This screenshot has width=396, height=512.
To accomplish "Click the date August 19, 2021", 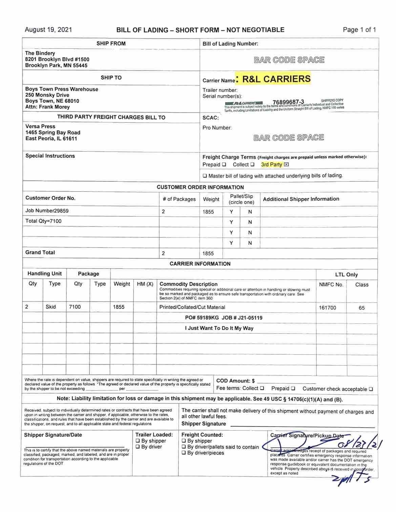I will click(48, 30).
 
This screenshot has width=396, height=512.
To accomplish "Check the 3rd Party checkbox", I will click(286, 165).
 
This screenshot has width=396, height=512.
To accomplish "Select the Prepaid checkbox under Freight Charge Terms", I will click(224, 165).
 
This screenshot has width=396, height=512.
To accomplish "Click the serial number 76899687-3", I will click(288, 102).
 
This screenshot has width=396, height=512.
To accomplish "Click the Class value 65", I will click(361, 308).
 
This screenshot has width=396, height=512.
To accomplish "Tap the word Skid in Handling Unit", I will click(51, 307).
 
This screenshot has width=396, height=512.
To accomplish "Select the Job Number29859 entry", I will click(47, 211).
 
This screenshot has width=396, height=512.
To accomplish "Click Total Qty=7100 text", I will click(43, 221).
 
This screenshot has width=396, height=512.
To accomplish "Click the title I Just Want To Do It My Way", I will click(219, 328).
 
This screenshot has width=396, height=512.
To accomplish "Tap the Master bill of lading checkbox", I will click(205, 176).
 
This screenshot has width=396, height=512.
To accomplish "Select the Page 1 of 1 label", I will click(359, 30).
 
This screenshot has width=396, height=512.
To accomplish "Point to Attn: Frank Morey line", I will click(47, 107).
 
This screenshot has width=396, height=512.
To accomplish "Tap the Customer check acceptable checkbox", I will click(371, 389).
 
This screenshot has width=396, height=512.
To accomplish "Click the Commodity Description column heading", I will click(188, 284).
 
